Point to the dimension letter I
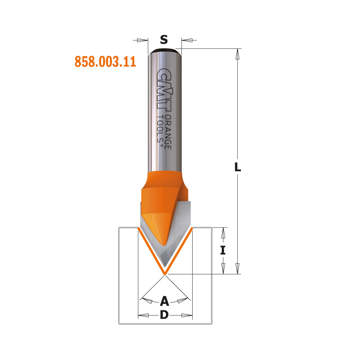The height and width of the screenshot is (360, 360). click(x=223, y=250)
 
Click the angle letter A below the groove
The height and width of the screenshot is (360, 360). click(x=165, y=301)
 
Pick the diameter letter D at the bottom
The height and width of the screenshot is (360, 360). click(x=164, y=315)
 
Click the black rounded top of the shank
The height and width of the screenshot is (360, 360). click(x=165, y=51)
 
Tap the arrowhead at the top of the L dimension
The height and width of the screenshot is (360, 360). click(x=237, y=54)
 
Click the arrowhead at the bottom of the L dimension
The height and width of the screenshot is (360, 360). click(x=237, y=269)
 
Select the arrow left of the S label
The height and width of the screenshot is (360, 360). click(x=142, y=40)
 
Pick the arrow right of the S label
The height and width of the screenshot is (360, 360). click(x=187, y=40)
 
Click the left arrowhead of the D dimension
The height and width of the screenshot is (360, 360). click(x=144, y=315)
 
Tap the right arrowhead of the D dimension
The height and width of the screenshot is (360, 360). click(x=187, y=315)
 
